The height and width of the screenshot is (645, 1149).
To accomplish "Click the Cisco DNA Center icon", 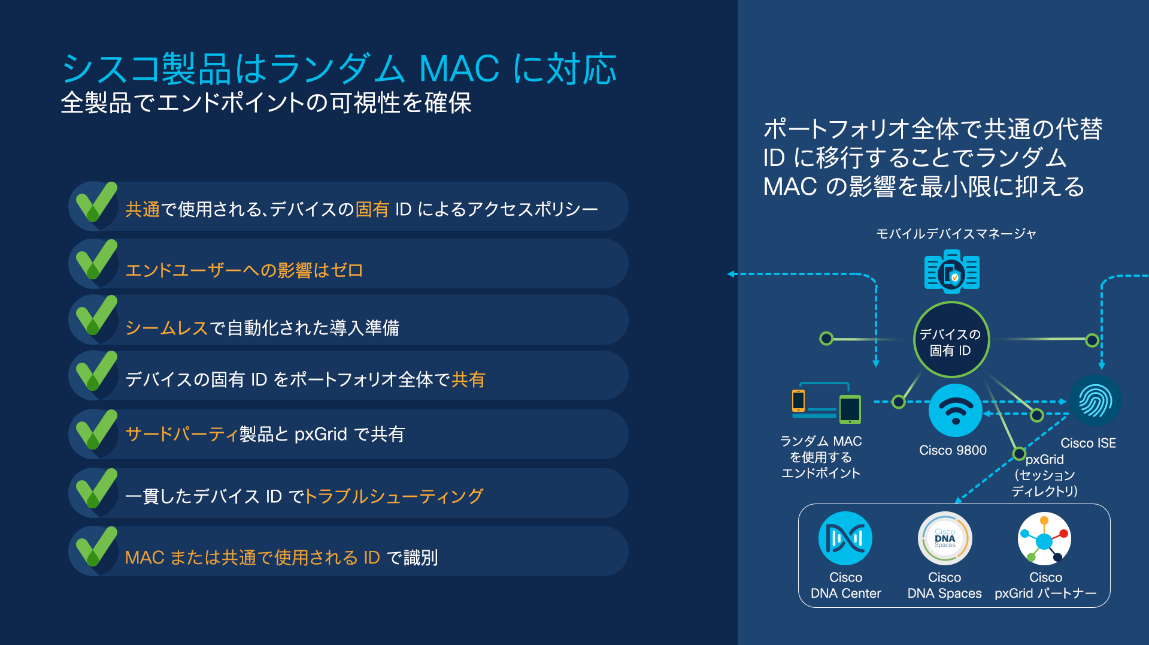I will coord(845,538).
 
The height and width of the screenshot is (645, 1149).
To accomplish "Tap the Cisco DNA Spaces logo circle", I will coord(945,538).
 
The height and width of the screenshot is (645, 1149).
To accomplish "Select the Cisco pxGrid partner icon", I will coord(1045,538).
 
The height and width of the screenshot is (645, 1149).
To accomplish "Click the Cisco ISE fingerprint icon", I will coord(1095,401).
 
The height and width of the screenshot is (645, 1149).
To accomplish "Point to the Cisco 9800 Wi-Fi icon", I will coord(955,411).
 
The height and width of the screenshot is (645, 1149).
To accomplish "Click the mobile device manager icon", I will coord(951,272).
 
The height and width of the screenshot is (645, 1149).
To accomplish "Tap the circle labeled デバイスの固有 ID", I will coord(951,340).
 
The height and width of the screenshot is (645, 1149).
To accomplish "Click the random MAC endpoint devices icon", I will coord(826,403).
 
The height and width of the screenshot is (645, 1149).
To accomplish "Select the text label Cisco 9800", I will coord(953,450).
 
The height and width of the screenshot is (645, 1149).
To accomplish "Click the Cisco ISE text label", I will coord(1088,443).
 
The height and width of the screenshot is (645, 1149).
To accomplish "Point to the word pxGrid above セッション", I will coord(1045,459).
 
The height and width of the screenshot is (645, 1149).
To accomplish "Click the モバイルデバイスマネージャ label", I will coord(956,234).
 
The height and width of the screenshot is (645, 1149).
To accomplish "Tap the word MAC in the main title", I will coord(459,68).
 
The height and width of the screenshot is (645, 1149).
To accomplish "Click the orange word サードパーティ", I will coord(181,434).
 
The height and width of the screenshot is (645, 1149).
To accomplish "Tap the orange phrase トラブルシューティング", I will coord(394,496).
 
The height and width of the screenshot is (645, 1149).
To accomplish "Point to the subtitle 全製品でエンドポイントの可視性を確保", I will coord(266,103).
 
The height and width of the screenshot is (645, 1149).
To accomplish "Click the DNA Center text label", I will coord(845,593).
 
